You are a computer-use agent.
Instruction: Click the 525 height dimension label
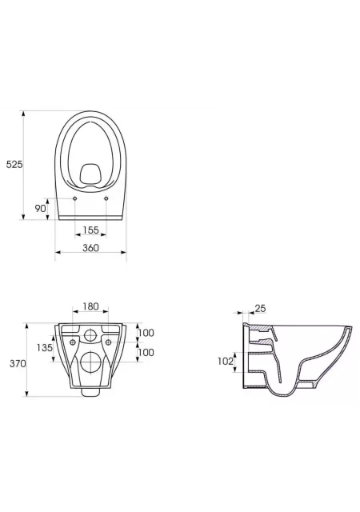click(14, 165)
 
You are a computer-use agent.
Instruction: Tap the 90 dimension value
click(40, 208)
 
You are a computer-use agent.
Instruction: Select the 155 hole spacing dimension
click(90, 230)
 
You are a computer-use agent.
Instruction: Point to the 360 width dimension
click(90, 248)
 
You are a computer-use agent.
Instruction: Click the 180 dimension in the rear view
click(90, 306)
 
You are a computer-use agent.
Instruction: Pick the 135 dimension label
click(45, 348)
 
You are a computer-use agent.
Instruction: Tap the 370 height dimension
click(18, 363)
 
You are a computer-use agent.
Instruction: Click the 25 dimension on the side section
click(260, 308)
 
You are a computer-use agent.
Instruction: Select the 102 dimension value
click(226, 361)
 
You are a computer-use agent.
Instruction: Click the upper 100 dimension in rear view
click(146, 333)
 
